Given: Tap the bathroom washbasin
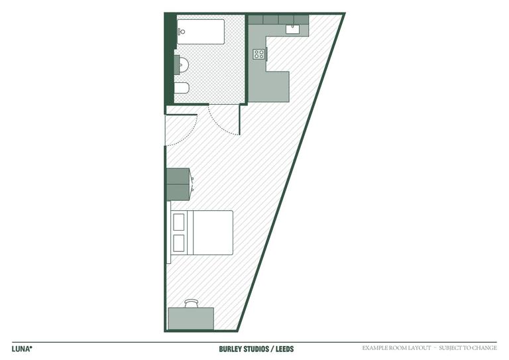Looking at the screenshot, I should (182, 64).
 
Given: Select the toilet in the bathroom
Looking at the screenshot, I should (182, 88).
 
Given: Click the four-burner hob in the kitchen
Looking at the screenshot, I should (258, 54).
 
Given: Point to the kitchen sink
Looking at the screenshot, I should (293, 29).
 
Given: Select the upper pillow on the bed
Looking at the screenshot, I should (179, 222).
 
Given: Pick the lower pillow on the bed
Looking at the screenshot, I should (179, 243).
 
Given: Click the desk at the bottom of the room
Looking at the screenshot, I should (191, 318).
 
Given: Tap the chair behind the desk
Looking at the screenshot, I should (192, 303).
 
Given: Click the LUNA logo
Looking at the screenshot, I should (22, 348).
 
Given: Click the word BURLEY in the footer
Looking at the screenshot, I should (231, 348).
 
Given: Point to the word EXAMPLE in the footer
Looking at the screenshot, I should (377, 348).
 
